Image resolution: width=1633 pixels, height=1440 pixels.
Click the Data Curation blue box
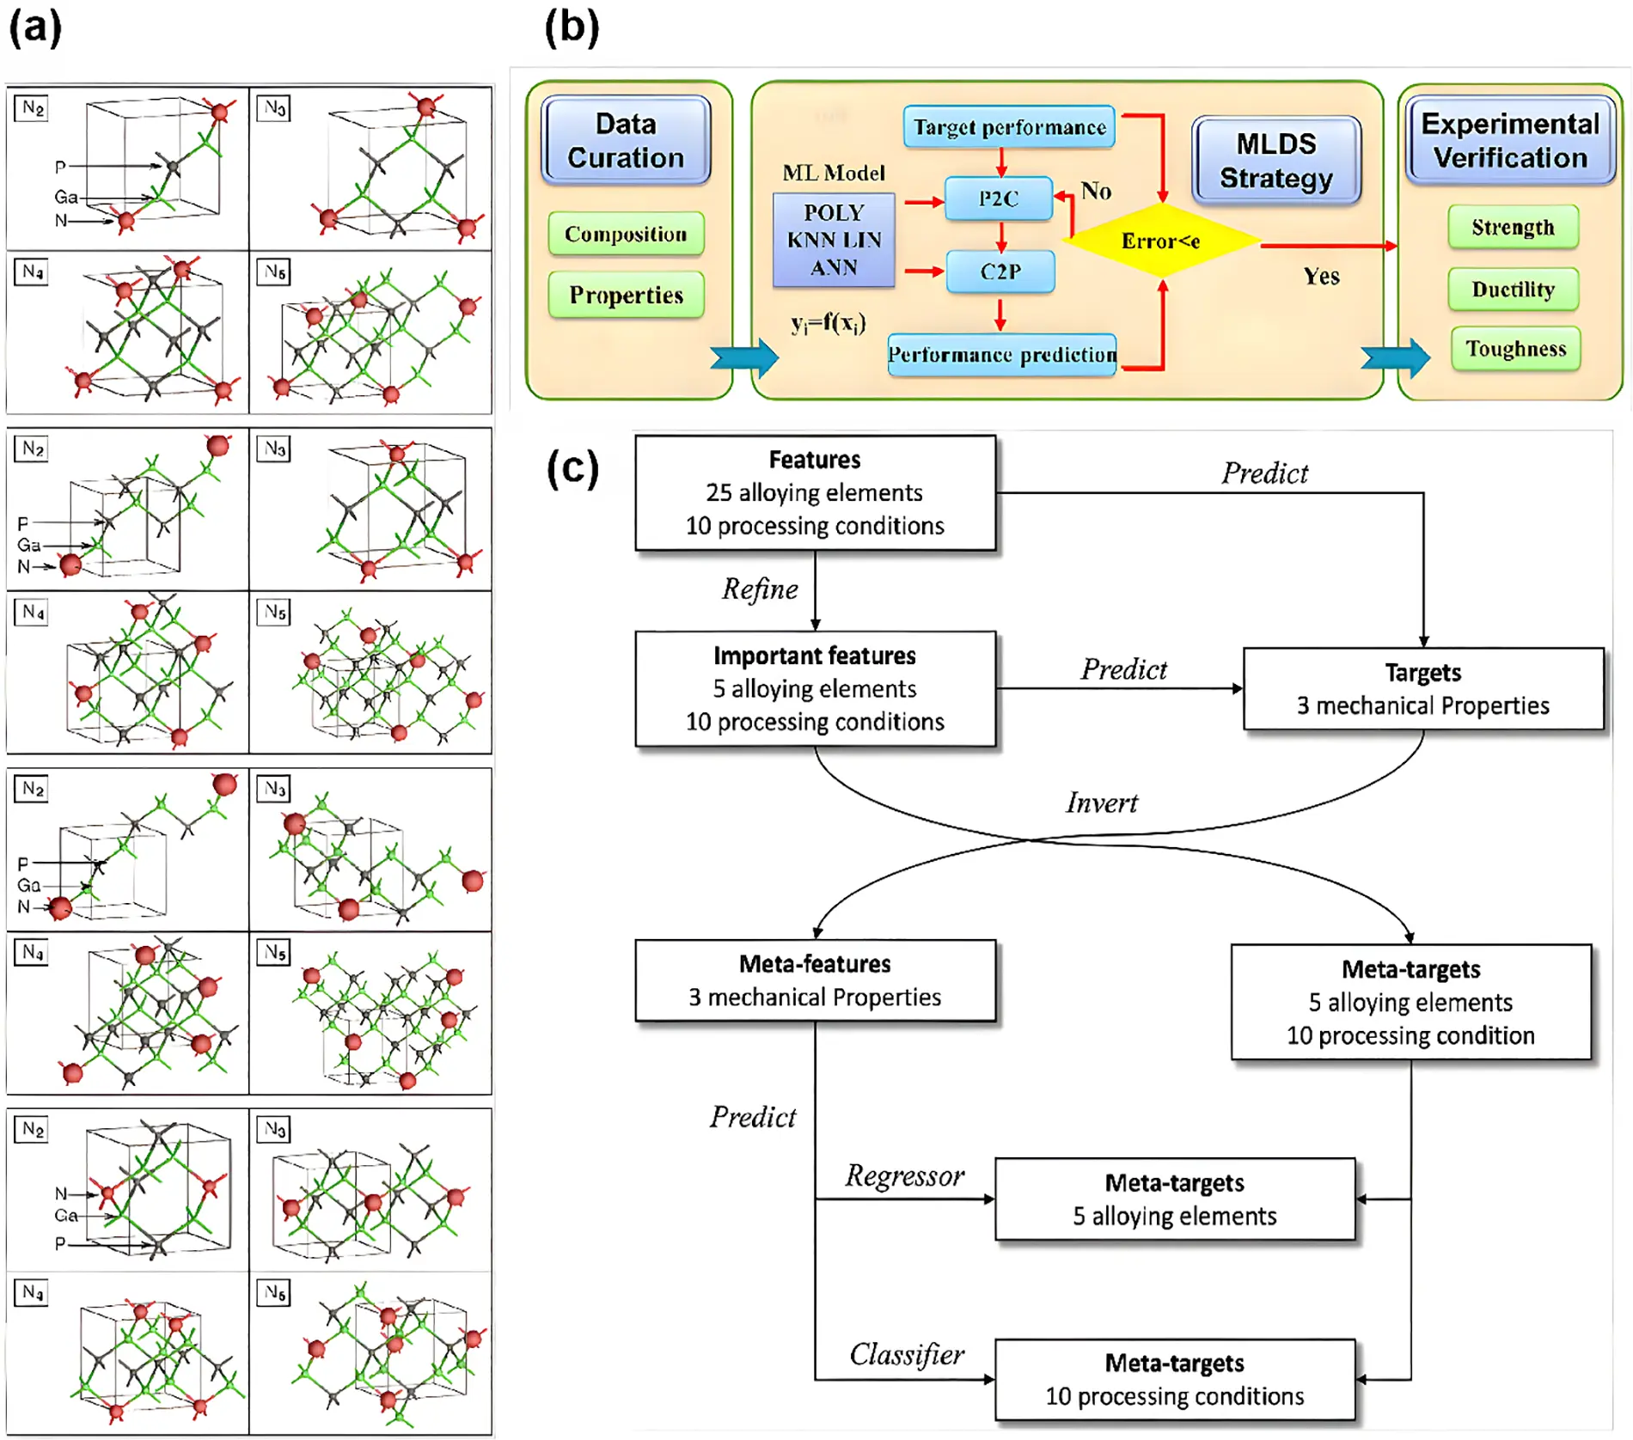(x=626, y=141)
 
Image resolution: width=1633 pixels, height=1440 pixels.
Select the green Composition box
(x=626, y=234)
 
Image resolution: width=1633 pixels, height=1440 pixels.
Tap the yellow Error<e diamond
(x=1161, y=241)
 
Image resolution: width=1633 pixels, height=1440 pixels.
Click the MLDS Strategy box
(x=1276, y=161)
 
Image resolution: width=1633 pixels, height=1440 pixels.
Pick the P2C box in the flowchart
(x=999, y=198)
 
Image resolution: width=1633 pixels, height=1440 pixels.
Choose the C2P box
(x=1000, y=272)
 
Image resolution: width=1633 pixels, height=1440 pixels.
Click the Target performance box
(x=1009, y=127)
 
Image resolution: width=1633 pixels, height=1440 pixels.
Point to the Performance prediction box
(x=1002, y=354)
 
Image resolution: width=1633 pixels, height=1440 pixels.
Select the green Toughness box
(x=1515, y=349)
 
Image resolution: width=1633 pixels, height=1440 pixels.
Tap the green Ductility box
(x=1513, y=290)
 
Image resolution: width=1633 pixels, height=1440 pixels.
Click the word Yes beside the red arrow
(x=1321, y=277)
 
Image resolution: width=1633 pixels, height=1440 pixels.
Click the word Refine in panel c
(x=760, y=589)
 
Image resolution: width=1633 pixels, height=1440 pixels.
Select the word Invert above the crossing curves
(x=1101, y=802)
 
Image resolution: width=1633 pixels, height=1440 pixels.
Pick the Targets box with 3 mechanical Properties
(x=1423, y=688)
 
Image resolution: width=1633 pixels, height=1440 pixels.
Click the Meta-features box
(x=815, y=980)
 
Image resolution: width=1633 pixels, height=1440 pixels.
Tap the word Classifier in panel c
(x=906, y=1355)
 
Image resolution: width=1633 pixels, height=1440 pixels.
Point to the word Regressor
(x=904, y=1175)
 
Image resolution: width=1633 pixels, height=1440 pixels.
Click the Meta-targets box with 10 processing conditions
(x=1174, y=1379)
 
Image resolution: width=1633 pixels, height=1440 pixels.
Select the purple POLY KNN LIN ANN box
(x=834, y=240)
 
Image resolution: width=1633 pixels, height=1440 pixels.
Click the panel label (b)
(x=572, y=27)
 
